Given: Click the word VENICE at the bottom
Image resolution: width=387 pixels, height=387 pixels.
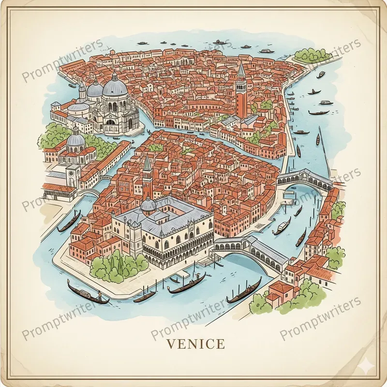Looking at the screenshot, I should pyautogui.click(x=195, y=344).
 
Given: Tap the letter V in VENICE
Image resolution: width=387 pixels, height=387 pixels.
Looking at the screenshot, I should pyautogui.click(x=170, y=344).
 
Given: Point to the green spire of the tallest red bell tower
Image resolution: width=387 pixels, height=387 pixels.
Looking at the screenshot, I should pyautogui.click(x=241, y=70).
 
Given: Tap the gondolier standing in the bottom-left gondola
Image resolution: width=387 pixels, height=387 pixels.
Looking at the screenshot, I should pyautogui.click(x=100, y=294).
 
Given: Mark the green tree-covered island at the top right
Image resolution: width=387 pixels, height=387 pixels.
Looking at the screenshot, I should pyautogui.click(x=312, y=55).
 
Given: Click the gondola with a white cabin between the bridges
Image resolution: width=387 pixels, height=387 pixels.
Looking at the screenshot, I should pyautogui.click(x=282, y=226).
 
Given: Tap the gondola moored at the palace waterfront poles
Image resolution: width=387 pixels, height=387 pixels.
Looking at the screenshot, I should pyautogui.click(x=186, y=283).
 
